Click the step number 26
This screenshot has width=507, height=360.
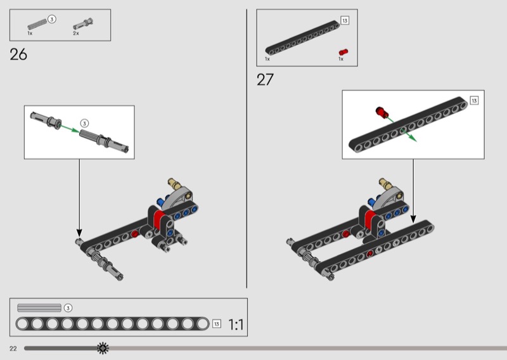[18, 55]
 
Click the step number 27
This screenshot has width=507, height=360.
[265, 80]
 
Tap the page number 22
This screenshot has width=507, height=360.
[13, 349]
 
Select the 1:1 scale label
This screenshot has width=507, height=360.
[236, 324]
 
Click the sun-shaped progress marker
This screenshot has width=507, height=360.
[103, 348]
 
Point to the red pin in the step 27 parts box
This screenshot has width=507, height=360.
[343, 52]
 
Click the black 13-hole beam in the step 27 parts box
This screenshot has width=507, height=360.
[303, 38]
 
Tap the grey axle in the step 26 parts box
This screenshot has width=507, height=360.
[38, 25]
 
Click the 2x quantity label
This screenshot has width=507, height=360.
[76, 34]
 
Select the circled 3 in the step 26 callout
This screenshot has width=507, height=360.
[84, 124]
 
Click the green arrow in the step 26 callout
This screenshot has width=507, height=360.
[70, 129]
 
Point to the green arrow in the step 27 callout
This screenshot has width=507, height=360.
[402, 130]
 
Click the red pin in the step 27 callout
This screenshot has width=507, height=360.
[382, 112]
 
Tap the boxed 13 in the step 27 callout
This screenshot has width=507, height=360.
[474, 101]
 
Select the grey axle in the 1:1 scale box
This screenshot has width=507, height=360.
[39, 307]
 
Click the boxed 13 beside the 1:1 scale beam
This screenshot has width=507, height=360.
[217, 324]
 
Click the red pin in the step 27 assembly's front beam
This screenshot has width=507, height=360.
[370, 255]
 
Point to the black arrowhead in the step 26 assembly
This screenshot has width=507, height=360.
[79, 233]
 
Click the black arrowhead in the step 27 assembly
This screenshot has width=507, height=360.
[413, 219]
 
